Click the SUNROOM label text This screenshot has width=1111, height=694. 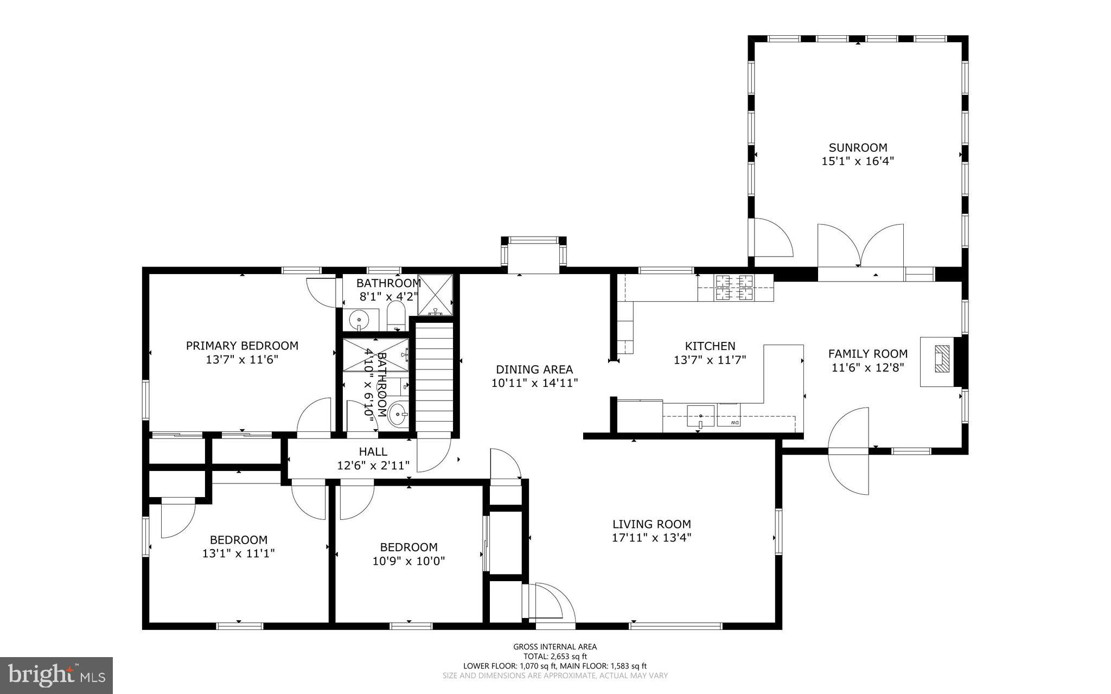(x=858, y=148)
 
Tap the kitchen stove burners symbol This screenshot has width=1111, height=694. (x=735, y=288)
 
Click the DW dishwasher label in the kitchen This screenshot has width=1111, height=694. (x=734, y=422)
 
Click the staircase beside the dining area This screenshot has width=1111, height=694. (x=433, y=377)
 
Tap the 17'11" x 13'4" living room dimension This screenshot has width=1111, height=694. (x=652, y=538)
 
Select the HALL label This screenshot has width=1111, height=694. (x=373, y=451)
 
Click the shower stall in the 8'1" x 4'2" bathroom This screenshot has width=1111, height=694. (x=435, y=295)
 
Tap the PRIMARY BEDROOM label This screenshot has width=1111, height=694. (x=242, y=346)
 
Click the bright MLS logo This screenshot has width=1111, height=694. (x=56, y=675)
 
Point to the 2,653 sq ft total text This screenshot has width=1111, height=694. (x=555, y=656)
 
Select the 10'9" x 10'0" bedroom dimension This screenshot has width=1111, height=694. (x=408, y=561)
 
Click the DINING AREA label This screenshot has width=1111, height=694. (x=534, y=370)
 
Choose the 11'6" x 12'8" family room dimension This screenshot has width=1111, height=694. (x=867, y=368)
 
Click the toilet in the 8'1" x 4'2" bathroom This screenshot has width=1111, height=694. (x=396, y=316)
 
